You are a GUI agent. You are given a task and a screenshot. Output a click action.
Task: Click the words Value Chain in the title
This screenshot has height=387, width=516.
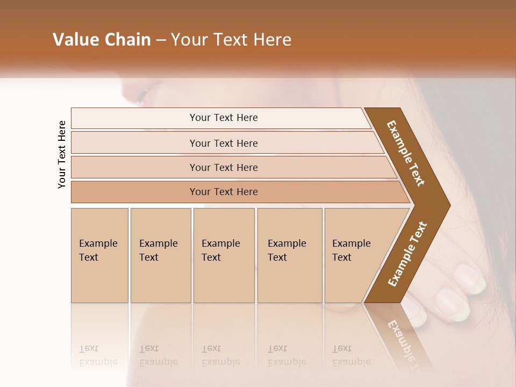coord(102,40)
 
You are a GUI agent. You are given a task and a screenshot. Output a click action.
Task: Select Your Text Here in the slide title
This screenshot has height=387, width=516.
coord(231,40)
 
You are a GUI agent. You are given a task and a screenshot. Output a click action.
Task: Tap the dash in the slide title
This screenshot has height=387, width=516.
coord(161,40)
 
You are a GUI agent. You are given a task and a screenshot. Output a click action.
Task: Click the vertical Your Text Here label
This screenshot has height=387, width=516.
coord(62,154)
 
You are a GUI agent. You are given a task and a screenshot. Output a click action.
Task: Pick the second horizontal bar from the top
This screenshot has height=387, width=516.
coord(223,143)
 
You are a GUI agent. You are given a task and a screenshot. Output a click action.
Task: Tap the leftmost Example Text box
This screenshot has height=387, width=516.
coord(99,255)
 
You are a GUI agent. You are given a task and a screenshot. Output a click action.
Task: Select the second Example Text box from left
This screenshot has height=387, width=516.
coord(161,255)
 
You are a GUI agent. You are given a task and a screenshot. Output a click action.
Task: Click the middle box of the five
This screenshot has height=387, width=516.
coord(224,255)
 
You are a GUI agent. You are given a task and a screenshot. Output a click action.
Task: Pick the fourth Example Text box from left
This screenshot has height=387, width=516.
coord(290,255)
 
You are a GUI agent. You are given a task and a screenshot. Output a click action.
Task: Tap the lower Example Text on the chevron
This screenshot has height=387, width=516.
coord(407,254)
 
